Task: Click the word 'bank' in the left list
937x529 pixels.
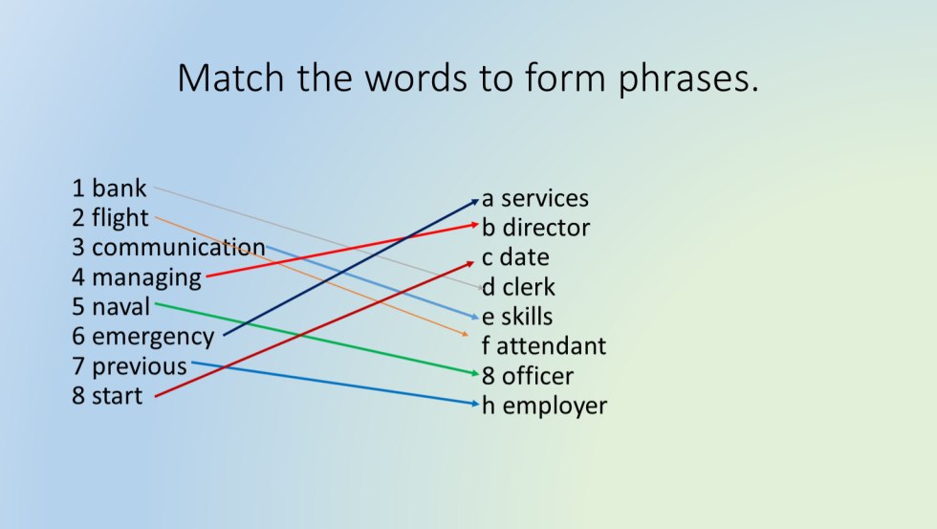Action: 119,188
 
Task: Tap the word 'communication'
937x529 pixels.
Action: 178,248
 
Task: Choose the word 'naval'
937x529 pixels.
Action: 121,307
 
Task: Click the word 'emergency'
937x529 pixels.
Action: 153,337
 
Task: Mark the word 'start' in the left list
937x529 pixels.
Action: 117,396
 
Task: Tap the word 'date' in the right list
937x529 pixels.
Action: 524,257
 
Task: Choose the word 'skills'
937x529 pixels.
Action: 528,317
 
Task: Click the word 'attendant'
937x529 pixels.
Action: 551,346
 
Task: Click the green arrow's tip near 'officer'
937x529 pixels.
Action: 475,374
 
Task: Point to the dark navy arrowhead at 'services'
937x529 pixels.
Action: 475,200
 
